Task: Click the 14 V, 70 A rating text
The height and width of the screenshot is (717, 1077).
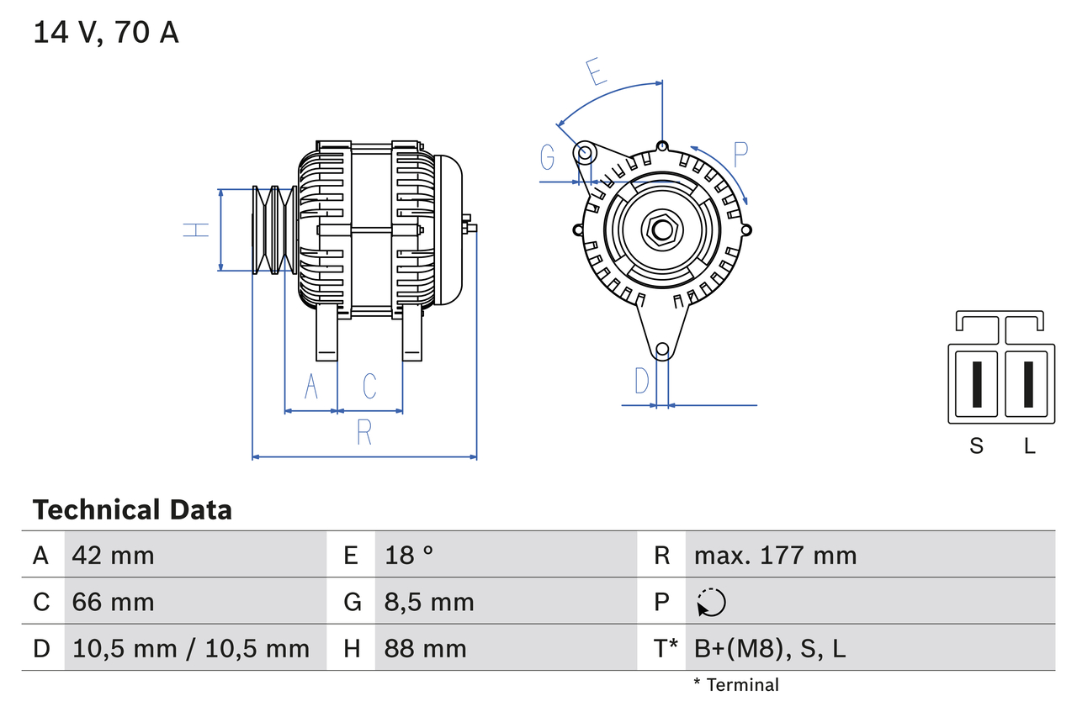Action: coord(106,33)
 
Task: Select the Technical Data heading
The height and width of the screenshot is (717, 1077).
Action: coord(132,509)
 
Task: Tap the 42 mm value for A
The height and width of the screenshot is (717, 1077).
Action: coord(114,555)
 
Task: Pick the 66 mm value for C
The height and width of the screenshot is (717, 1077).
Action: coord(114,602)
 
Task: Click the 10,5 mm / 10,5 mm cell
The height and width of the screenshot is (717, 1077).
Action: coord(191,648)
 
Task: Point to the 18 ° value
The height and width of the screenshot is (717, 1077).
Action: coord(410,555)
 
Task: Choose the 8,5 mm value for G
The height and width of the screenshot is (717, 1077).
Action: coord(429,602)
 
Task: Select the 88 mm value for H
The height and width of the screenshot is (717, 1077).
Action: coord(425,648)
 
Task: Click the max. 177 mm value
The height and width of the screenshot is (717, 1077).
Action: coord(775,555)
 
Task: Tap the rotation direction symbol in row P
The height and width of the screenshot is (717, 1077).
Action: coord(711,602)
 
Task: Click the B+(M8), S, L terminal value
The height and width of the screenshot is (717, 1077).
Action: coord(770,648)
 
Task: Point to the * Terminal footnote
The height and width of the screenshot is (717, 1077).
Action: coord(736,685)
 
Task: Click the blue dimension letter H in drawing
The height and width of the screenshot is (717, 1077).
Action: coord(196,229)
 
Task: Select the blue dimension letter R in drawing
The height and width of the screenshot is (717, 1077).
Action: coord(364,432)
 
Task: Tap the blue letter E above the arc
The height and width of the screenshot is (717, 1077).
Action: coord(596,72)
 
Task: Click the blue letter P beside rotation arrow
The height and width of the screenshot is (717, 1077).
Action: coord(740,155)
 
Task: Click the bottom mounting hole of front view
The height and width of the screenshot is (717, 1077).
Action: coord(662,349)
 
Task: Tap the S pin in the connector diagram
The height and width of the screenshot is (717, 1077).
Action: coord(976,384)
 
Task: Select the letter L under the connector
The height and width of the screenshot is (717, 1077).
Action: coord(1029,446)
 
